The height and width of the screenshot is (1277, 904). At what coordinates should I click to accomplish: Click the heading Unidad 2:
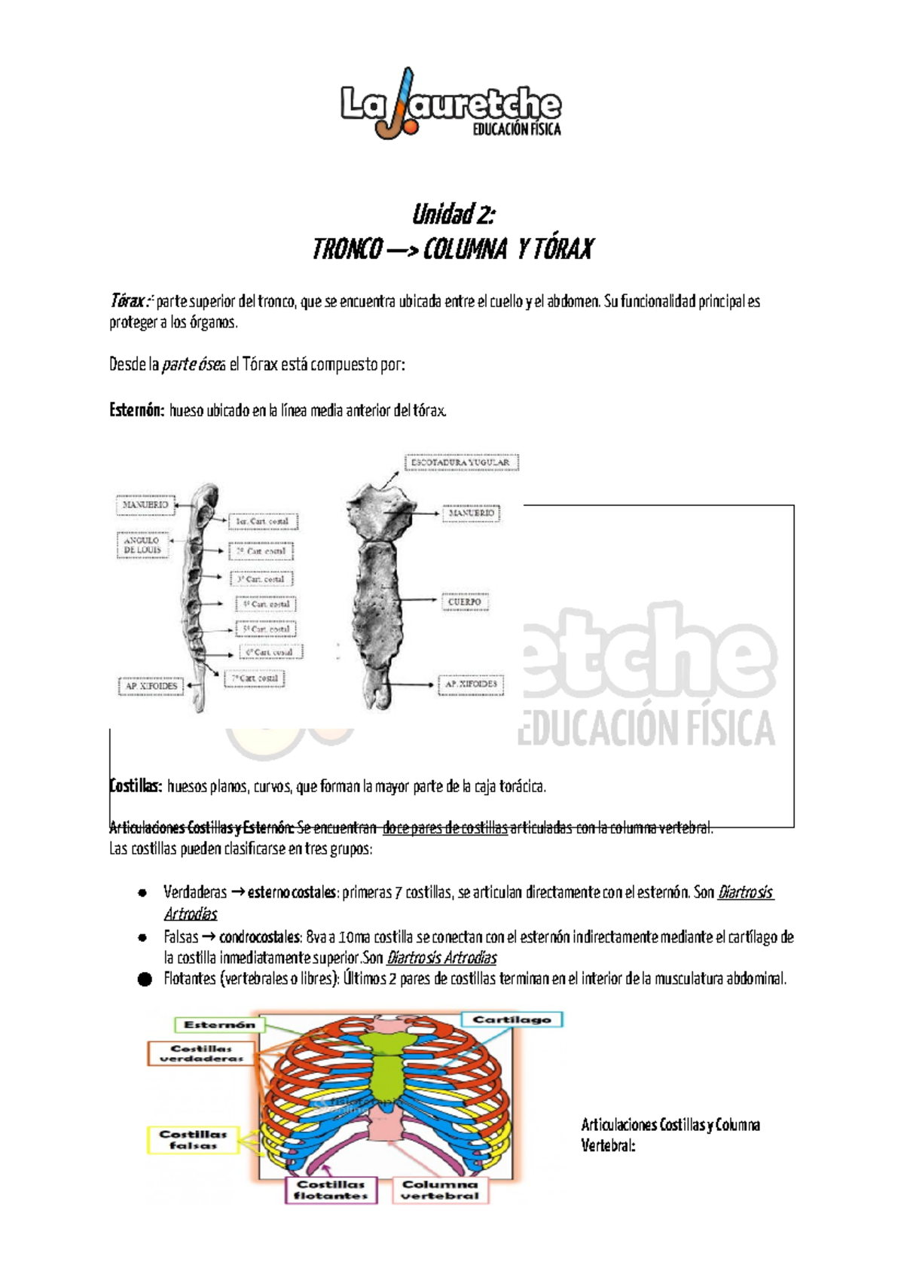[x=454, y=215]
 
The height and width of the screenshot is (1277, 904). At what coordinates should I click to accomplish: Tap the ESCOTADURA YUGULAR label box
[x=461, y=462]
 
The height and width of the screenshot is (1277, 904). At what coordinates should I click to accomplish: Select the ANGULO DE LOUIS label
[x=142, y=545]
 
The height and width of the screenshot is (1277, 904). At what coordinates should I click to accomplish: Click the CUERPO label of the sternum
[x=465, y=602]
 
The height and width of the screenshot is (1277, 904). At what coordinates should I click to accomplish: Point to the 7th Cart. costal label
[x=255, y=678]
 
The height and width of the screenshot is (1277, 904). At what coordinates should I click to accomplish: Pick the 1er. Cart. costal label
[x=262, y=521]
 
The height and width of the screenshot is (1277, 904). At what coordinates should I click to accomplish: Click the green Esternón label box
[x=219, y=1025]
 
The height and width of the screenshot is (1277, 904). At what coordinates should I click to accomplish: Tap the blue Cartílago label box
[x=512, y=1019]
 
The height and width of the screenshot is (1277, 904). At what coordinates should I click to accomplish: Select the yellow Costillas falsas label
[x=193, y=1139]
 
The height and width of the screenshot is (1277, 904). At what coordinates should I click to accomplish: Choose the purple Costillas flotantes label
[x=331, y=1190]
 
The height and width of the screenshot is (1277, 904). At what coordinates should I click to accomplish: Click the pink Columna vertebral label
[x=440, y=1190]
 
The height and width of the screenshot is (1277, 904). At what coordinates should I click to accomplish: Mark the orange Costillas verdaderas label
[x=201, y=1053]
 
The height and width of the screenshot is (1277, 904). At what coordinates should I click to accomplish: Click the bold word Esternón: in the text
[x=136, y=410]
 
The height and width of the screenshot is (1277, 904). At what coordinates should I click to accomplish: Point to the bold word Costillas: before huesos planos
[x=136, y=786]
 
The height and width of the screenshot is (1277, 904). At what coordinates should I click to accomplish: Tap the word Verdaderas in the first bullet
[x=194, y=892]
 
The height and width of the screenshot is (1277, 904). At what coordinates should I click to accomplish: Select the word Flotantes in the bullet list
[x=190, y=979]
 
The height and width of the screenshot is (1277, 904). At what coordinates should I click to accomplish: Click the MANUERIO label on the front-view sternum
[x=472, y=513]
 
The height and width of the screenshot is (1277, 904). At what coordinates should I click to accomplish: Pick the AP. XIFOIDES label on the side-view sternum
[x=151, y=686]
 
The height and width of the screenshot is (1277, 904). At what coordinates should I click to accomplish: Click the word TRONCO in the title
[x=347, y=249]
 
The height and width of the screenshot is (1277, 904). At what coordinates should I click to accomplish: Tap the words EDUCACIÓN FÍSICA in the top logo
[x=517, y=130]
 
